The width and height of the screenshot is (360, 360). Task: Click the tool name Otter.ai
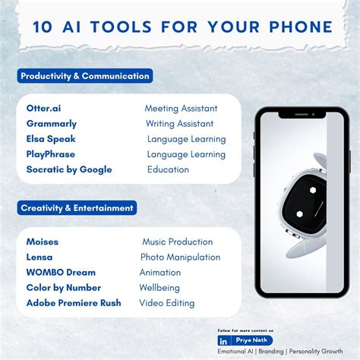coord(43,109)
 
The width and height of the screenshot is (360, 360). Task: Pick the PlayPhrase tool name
coord(50,154)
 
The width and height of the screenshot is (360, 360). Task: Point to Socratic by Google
coord(69,169)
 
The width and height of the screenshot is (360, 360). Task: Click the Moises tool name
coord(43,242)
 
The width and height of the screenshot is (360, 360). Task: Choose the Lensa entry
coord(39,257)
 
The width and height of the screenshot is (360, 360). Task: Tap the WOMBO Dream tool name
coord(61,273)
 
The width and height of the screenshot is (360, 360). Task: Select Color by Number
coord(64,288)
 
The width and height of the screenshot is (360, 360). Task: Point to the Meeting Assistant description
coord(181,109)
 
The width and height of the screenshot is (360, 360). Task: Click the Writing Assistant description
coord(179,124)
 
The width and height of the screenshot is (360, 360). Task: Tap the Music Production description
coord(177,242)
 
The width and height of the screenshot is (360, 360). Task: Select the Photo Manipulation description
coord(180,257)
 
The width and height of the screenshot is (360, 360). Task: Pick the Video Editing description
coord(166,303)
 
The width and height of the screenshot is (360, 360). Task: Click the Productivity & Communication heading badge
coord(85,76)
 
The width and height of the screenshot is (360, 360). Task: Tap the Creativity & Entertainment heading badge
coord(77,207)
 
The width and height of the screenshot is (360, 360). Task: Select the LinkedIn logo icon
coord(223,341)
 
